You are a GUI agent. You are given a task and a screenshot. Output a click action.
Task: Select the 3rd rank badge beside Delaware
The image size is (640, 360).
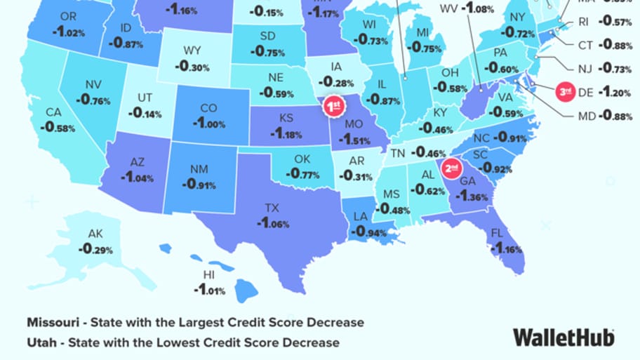point(566,91)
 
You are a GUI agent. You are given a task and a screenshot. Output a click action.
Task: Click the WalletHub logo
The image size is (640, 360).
point(564,337)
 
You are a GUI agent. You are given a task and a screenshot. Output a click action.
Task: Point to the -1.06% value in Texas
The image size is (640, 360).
point(272,223)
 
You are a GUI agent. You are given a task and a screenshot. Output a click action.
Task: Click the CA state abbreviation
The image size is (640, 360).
point(53,112)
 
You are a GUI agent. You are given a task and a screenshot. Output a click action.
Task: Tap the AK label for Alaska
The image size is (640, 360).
point(95,234)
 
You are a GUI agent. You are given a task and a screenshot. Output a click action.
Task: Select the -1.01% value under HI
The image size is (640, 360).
point(208,290)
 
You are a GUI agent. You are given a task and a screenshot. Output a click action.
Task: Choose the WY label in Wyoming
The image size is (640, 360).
point(192,51)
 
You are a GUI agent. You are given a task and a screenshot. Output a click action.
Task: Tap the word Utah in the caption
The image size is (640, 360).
point(41,342)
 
